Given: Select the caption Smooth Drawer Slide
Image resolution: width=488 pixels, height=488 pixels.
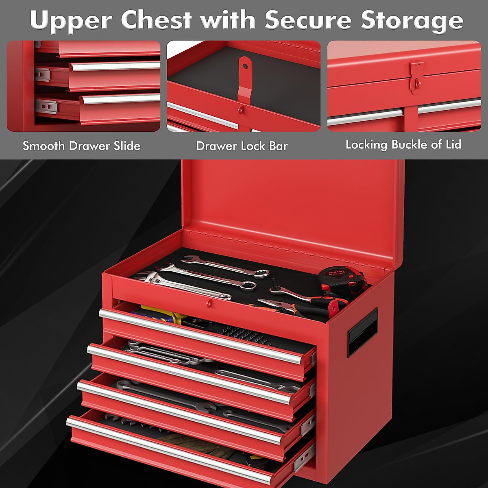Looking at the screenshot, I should click(x=81, y=146).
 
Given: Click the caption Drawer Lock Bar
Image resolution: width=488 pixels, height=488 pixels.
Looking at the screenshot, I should click(x=242, y=146).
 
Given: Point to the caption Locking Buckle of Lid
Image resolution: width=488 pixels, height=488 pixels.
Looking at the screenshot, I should click(x=403, y=145).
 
